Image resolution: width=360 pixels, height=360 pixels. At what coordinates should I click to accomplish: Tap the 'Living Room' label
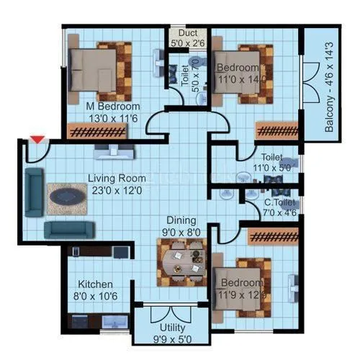117,178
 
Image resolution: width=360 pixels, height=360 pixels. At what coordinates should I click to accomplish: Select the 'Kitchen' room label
95,285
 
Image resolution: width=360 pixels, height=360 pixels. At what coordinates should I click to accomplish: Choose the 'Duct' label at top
188,32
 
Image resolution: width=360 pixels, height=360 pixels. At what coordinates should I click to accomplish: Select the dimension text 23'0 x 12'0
118,191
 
